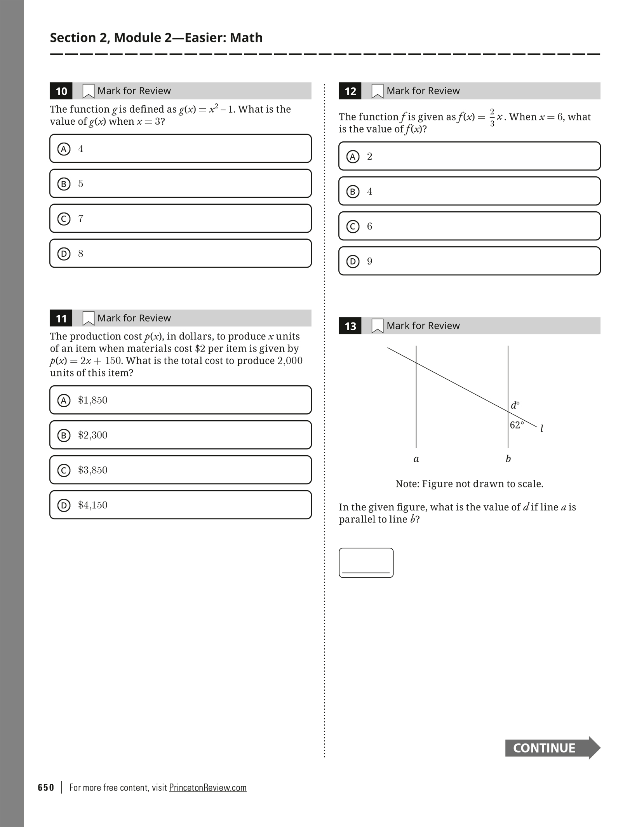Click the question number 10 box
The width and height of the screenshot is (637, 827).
pos(61,91)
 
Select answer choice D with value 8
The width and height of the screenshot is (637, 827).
pos(181,253)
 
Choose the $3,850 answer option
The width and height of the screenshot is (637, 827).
pos(181,470)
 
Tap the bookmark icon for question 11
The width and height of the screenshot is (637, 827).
pos(88,318)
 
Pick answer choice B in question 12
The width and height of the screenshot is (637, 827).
pos(469,191)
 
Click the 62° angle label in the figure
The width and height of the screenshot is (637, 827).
pos(517,425)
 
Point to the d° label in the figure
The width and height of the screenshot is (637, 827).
pos(515,405)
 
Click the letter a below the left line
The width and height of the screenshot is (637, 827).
pos(416,459)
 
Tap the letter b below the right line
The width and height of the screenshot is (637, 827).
pos(508,459)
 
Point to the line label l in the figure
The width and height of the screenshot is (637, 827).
pos(542,428)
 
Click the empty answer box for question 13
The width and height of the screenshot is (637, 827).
pos(366,562)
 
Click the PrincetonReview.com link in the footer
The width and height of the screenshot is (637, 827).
pos(208,787)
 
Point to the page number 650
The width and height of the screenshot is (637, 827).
pos(46,787)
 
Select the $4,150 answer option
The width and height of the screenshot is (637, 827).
pos(181,505)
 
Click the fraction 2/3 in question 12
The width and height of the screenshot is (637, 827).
pos(492,117)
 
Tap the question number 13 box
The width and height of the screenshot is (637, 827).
pos(350,326)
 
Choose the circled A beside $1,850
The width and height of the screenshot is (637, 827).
pos(64,400)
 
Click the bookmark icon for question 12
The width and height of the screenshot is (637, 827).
pos(377,91)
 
